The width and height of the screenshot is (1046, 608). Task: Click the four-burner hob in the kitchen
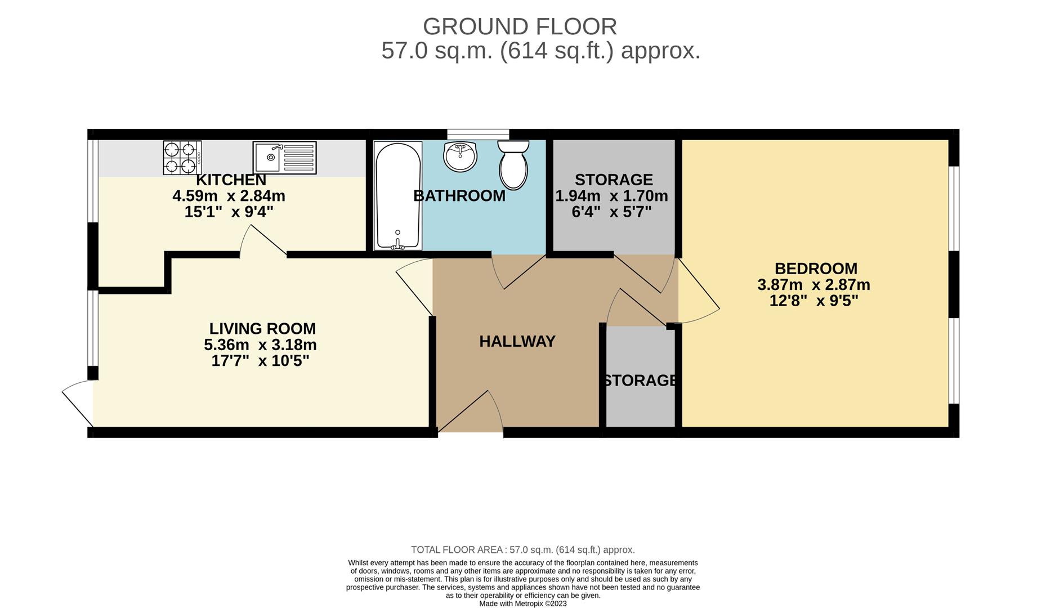pos(182,158)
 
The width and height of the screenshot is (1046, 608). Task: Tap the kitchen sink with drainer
pos(284,158)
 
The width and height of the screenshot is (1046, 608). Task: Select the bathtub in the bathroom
pos(397,195)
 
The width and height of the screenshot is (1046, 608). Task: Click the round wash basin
pos(460,156)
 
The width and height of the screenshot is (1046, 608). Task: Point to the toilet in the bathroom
pos(513,164)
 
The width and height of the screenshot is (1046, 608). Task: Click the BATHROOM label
pos(459,196)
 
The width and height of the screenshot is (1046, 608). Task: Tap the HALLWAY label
pos(517,341)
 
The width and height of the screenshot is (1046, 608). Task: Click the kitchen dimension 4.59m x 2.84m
pos(229,196)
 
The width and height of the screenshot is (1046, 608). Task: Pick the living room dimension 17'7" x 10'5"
pos(260,361)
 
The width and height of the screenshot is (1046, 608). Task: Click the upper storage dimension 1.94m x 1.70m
pos(611,196)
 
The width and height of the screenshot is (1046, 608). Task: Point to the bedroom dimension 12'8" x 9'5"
pos(813,301)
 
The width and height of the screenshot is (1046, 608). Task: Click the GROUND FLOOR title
pos(520,26)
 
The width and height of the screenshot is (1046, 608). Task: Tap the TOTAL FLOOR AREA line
pos(522,550)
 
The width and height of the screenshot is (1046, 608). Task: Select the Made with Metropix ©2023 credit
pos(522,603)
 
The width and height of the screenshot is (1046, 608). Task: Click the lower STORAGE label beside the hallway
pos(640,381)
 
